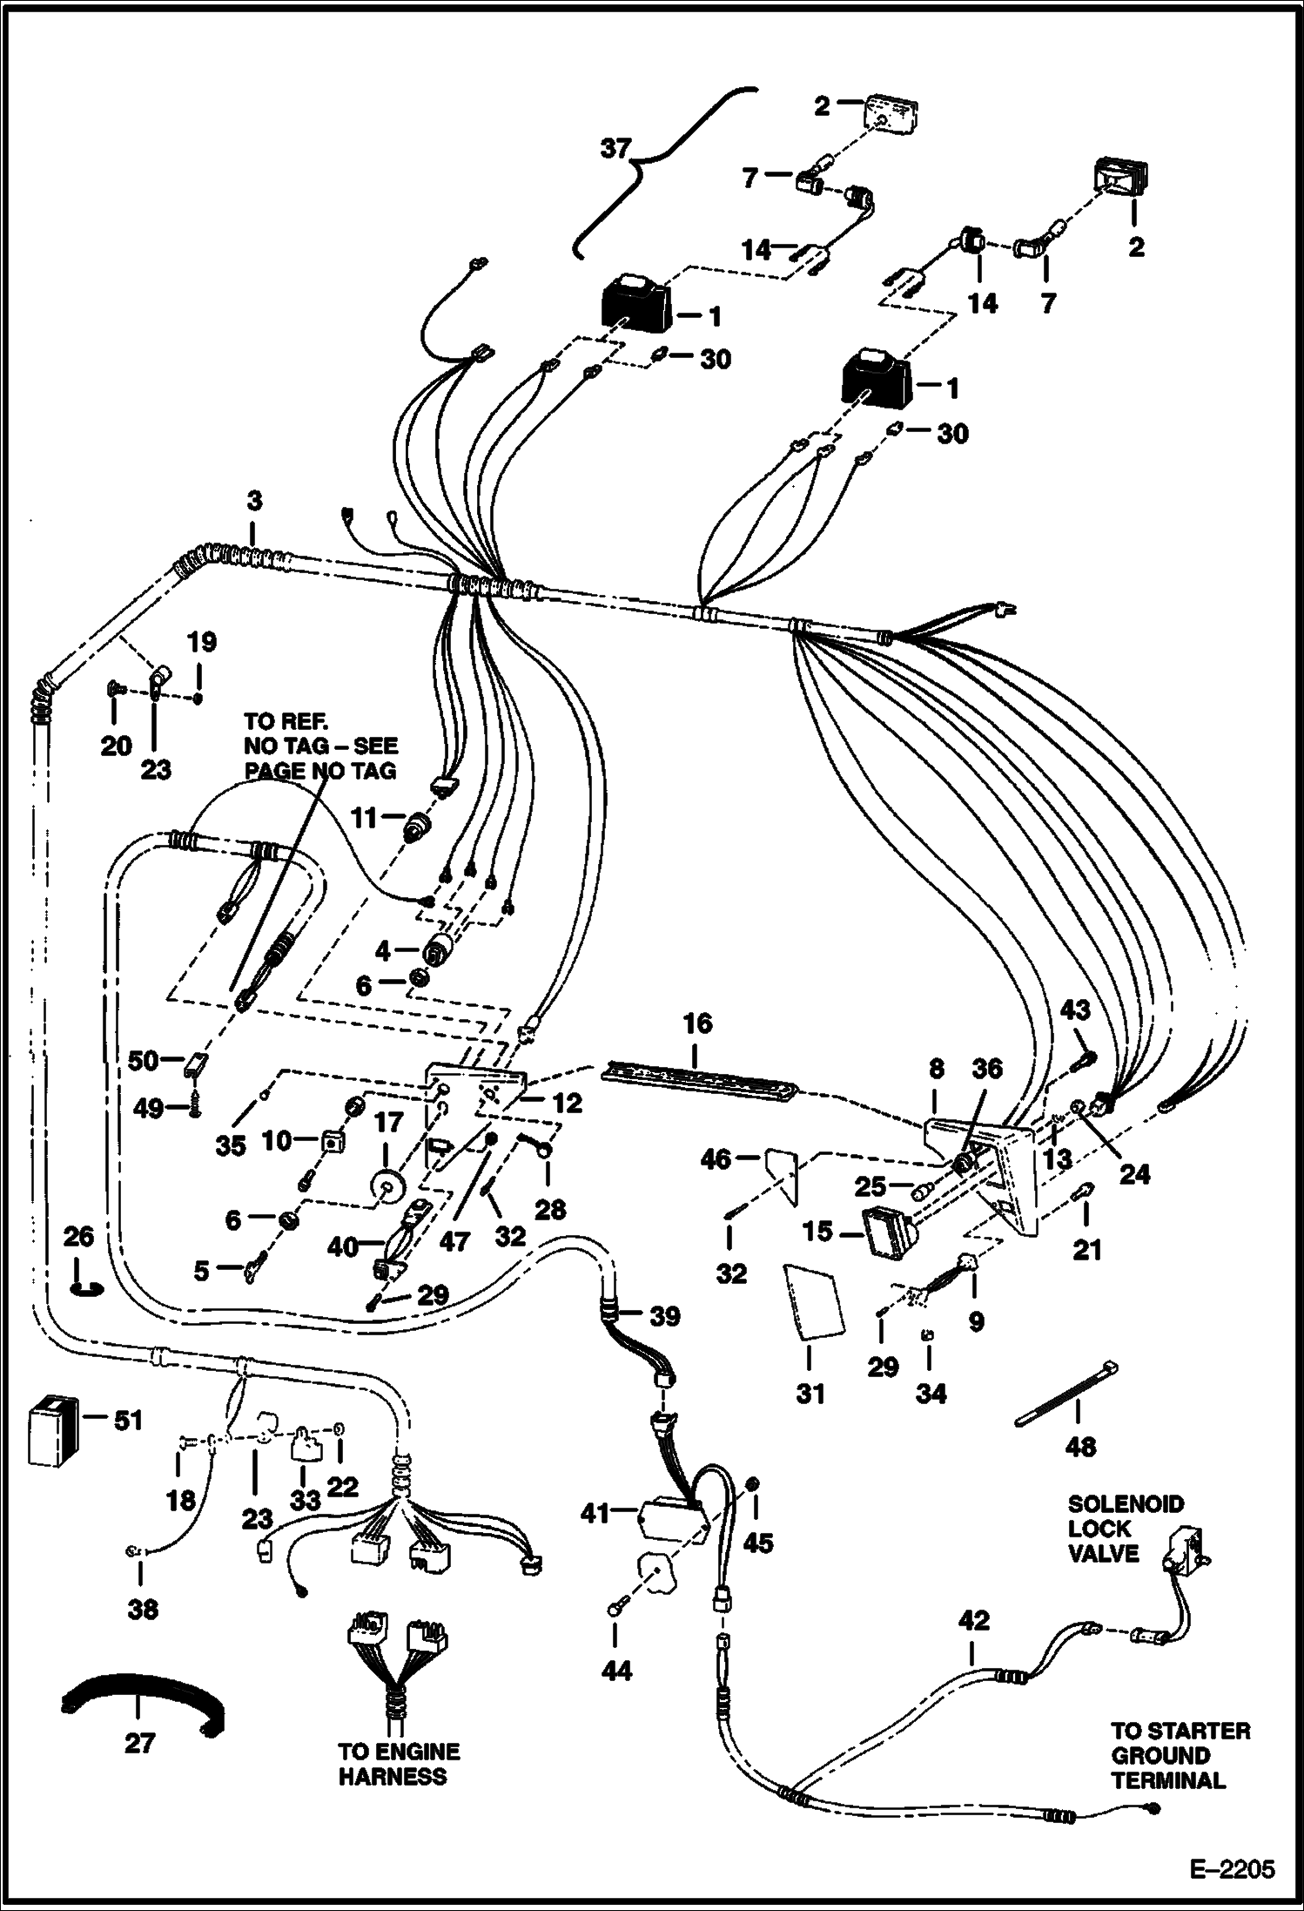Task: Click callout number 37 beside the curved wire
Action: pyautogui.click(x=615, y=149)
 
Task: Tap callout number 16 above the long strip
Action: pyautogui.click(x=697, y=1023)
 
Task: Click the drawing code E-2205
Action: pyautogui.click(x=1229, y=1870)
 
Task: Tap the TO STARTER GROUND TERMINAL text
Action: pyautogui.click(x=1180, y=1756)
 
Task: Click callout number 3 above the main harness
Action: pyautogui.click(x=252, y=503)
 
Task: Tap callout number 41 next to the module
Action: pyautogui.click(x=596, y=1514)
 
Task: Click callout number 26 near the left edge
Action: pyautogui.click(x=78, y=1238)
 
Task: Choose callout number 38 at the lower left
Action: pyautogui.click(x=143, y=1609)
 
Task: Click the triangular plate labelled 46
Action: pyautogui.click(x=783, y=1172)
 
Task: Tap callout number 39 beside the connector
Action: pyautogui.click(x=665, y=1316)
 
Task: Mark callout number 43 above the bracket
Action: pyautogui.click(x=1075, y=1010)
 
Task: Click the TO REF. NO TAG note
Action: pyautogui.click(x=320, y=746)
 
